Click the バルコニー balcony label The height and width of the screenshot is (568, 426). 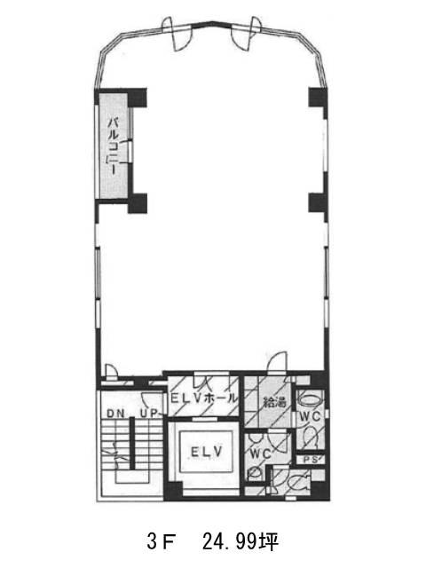(x=114, y=146)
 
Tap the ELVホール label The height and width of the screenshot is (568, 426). (x=204, y=398)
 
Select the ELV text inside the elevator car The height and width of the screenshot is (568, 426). (x=206, y=452)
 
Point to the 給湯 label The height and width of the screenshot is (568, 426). (x=274, y=402)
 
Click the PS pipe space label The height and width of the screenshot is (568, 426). (x=311, y=460)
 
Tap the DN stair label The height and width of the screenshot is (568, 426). (x=115, y=414)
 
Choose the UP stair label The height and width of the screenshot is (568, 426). (x=149, y=413)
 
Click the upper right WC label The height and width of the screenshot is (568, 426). (x=310, y=417)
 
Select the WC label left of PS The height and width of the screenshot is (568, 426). (x=261, y=454)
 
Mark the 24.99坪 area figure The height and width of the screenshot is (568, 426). (x=241, y=542)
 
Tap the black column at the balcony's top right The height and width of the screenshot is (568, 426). (x=137, y=98)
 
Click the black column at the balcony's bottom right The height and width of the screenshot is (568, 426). (x=138, y=203)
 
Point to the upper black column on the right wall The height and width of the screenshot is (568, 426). (x=318, y=98)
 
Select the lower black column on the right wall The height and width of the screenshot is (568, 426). (x=318, y=203)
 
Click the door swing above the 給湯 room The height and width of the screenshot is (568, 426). (x=277, y=361)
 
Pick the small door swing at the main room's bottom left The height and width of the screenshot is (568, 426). (x=111, y=371)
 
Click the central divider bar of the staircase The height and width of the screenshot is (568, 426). (x=132, y=443)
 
